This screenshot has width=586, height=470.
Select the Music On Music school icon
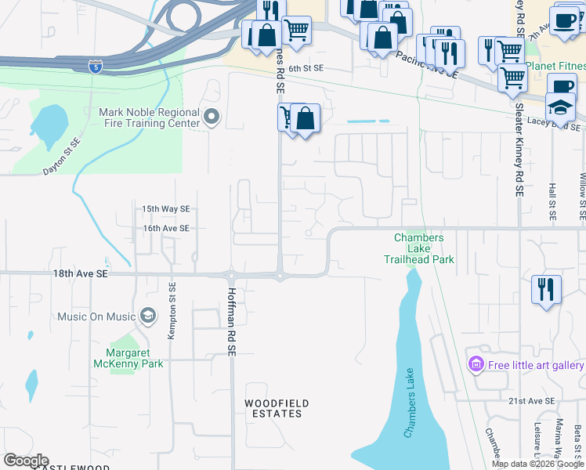146,316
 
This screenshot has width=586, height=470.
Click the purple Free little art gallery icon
475,365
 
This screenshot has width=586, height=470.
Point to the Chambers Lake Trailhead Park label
419,248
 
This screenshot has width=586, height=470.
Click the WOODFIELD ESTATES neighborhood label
276,408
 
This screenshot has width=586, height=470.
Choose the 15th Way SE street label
165,209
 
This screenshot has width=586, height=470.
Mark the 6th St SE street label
306,69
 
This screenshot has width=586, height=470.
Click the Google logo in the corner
26,461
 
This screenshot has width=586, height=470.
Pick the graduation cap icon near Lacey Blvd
560,105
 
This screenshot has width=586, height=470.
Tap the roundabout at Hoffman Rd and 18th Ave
231,275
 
